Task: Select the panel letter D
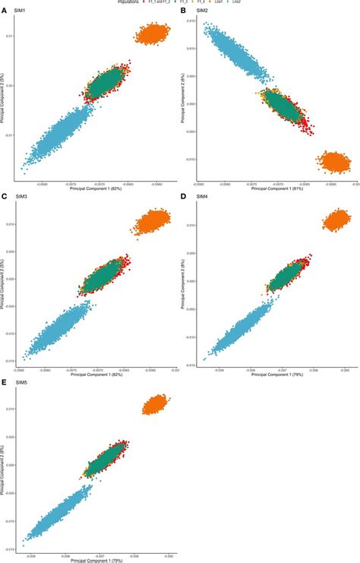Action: pyautogui.click(x=183, y=198)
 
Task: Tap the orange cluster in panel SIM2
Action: pyautogui.click(x=334, y=161)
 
